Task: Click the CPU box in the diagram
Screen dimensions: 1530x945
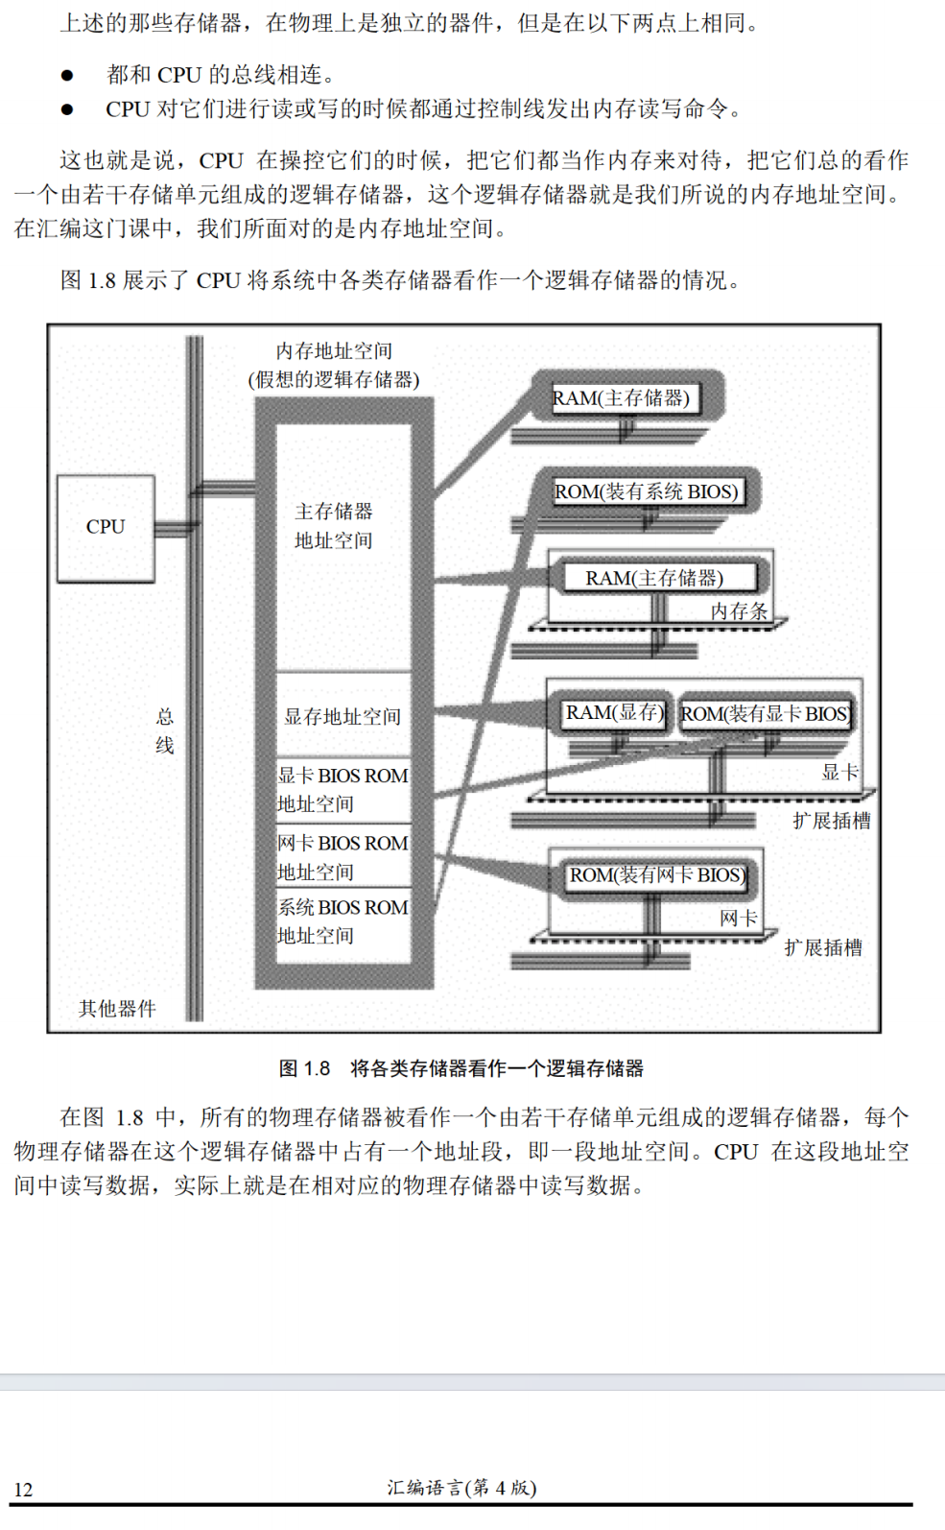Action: click(x=106, y=528)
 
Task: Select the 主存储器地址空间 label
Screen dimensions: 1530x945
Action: click(x=334, y=526)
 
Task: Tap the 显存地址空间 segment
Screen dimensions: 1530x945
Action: click(x=343, y=716)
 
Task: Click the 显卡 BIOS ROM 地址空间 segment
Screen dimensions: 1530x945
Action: click(x=343, y=789)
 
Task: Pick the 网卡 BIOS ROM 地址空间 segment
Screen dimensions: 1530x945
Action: click(x=343, y=857)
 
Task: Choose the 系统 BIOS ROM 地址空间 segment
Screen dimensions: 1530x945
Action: click(x=343, y=921)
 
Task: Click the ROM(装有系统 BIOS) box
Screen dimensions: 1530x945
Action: click(x=647, y=492)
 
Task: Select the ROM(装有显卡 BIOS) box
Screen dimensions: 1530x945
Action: click(x=765, y=714)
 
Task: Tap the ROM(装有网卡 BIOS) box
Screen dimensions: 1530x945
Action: click(x=657, y=875)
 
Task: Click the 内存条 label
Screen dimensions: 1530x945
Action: click(x=739, y=611)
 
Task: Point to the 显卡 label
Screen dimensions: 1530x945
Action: click(x=839, y=773)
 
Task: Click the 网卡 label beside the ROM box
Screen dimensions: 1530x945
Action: click(x=738, y=919)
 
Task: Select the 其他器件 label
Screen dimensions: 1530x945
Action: click(x=117, y=1008)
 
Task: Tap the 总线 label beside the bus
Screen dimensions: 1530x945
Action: click(x=165, y=730)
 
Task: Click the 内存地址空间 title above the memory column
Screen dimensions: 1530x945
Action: click(x=334, y=351)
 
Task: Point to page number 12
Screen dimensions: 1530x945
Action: click(x=24, y=1490)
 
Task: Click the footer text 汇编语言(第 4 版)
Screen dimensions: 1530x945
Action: click(x=461, y=1488)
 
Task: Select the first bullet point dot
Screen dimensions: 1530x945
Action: click(x=67, y=75)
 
